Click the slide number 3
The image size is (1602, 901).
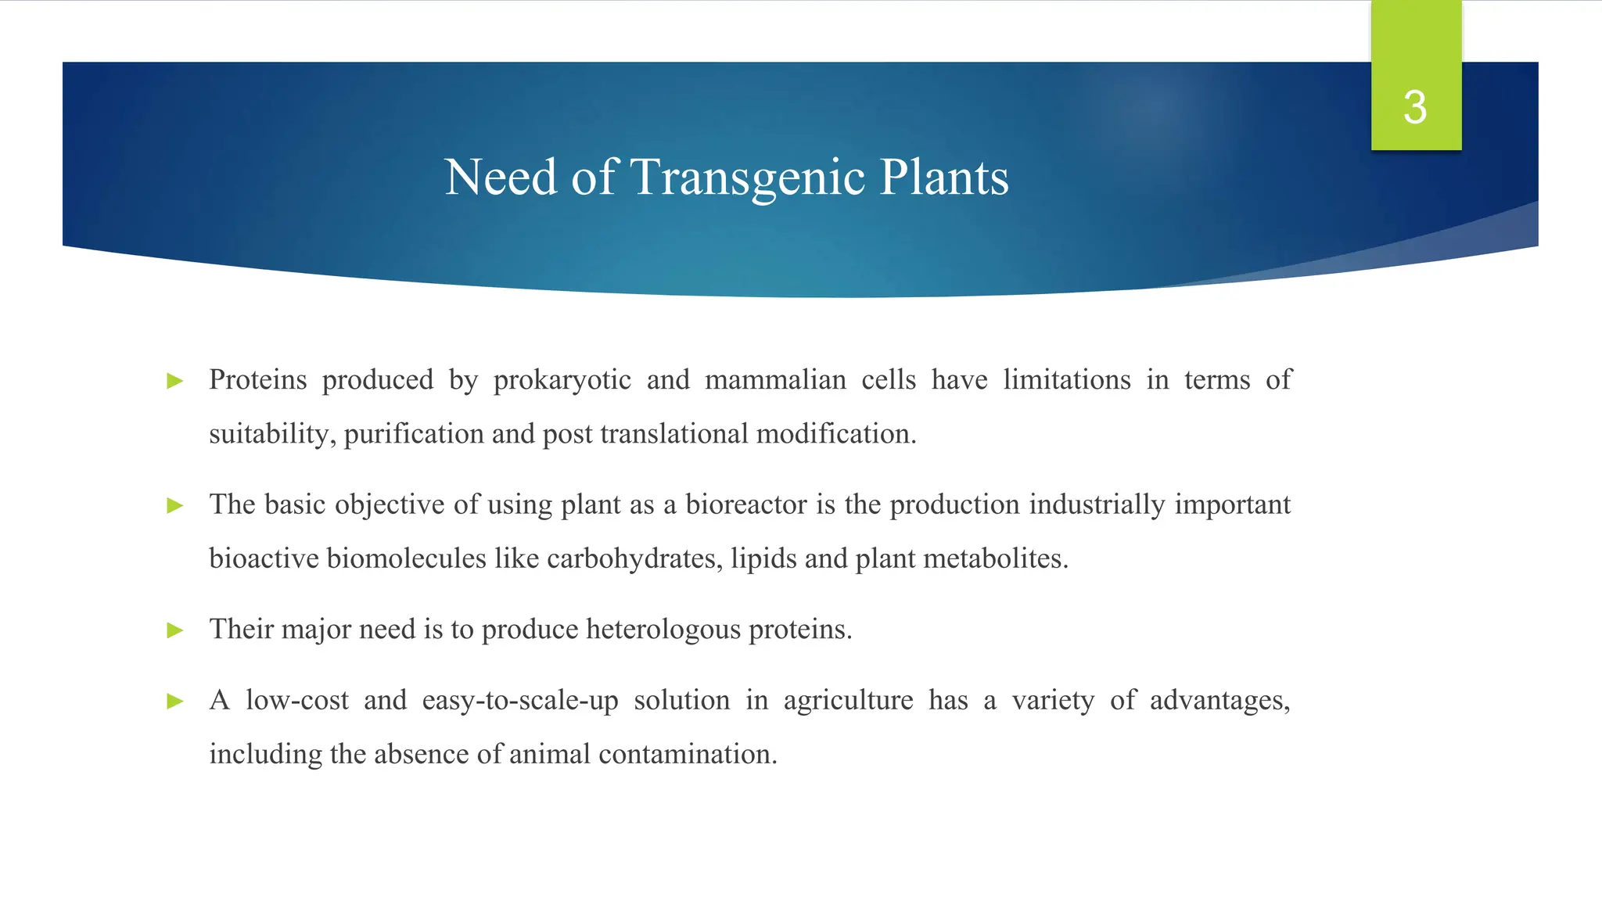1415,107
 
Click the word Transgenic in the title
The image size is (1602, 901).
748,177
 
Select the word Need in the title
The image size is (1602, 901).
501,177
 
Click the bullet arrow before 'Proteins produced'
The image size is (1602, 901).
175,382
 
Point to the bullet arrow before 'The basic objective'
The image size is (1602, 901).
175,506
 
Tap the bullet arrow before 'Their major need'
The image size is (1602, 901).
175,630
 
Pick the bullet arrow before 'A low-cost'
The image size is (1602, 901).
175,702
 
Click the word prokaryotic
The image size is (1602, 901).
562,381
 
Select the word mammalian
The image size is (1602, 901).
775,380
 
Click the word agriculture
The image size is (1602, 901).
848,701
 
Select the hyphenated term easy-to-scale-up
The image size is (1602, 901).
520,701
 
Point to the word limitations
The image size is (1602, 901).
1067,380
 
